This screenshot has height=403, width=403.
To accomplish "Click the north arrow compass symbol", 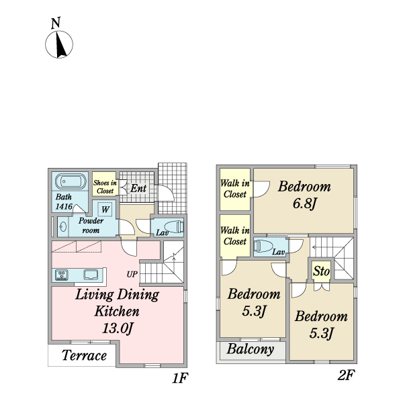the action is click(x=59, y=44).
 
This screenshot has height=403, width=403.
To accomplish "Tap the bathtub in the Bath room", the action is click(x=71, y=181).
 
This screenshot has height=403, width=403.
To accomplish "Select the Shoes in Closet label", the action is click(x=105, y=187).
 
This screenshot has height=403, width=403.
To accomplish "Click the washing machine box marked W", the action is click(x=105, y=210).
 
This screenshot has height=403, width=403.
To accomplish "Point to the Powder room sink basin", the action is click(x=63, y=227).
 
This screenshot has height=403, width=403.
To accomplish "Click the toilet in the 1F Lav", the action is click(x=174, y=227).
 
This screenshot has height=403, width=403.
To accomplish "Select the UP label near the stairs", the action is click(x=132, y=274).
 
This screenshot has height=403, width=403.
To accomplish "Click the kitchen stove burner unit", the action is click(x=62, y=275).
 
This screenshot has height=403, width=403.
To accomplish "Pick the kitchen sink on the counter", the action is click(x=91, y=275).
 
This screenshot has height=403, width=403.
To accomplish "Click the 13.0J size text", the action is click(x=118, y=328).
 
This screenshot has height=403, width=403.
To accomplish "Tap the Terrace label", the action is click(x=84, y=355).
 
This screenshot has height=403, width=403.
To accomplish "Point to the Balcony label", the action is click(x=251, y=349).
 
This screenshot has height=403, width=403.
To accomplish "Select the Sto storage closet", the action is click(x=321, y=271).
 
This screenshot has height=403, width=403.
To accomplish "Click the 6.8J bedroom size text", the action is click(x=304, y=204).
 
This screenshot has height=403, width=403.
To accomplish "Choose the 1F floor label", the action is click(x=180, y=378).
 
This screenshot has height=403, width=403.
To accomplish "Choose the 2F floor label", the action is click(x=346, y=375).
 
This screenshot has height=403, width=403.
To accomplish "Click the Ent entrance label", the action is click(x=138, y=188).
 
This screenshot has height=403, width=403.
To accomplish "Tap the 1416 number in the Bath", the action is click(x=64, y=206).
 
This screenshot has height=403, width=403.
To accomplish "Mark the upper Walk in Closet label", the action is click(x=235, y=189).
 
